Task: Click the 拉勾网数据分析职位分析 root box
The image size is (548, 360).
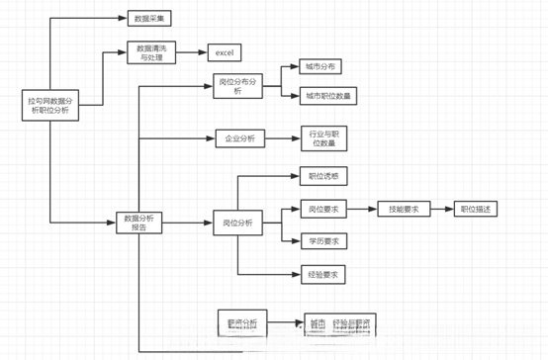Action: click(x=50, y=106)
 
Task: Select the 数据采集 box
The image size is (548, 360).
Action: click(x=150, y=18)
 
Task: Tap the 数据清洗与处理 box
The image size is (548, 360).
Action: click(x=151, y=52)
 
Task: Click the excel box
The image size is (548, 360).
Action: click(x=223, y=52)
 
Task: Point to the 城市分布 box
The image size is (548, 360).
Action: click(x=320, y=67)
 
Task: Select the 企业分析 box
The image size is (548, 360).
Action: click(x=236, y=138)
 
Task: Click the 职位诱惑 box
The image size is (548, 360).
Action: click(x=322, y=177)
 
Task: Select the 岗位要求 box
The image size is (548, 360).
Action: click(x=322, y=209)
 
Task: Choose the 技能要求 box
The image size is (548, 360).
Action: click(x=404, y=209)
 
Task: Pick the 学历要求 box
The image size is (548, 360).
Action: click(x=322, y=240)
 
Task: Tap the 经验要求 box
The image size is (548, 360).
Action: click(x=322, y=274)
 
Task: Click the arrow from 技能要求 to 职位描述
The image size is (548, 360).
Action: click(x=441, y=209)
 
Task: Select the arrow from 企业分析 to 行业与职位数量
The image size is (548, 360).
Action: click(x=280, y=138)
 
